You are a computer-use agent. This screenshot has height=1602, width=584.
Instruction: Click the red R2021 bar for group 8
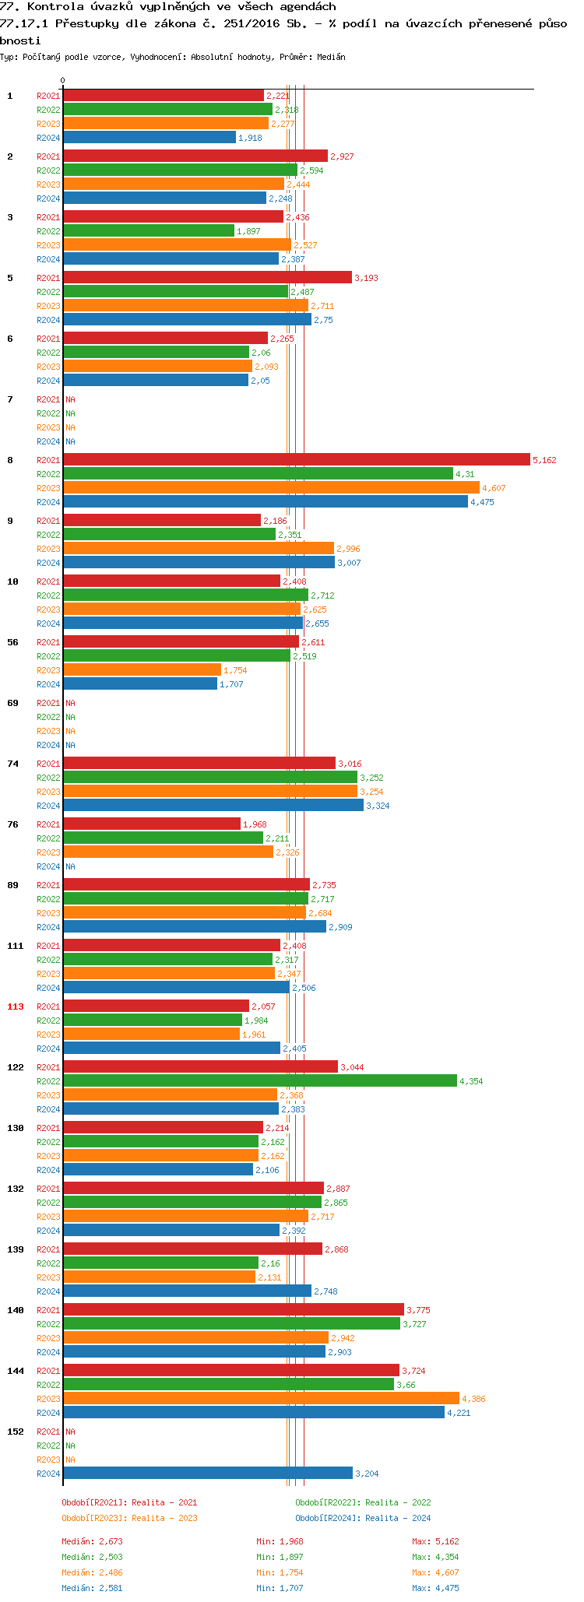(x=296, y=460)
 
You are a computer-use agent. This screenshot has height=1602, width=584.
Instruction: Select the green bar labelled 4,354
(x=259, y=1081)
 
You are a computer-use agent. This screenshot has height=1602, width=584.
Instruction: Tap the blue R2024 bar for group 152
(x=207, y=1474)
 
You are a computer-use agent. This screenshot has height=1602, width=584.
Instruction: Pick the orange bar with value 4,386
(x=261, y=1399)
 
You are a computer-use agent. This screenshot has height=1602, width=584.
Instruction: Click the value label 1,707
(x=231, y=685)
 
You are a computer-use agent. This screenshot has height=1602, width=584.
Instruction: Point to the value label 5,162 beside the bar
(x=544, y=461)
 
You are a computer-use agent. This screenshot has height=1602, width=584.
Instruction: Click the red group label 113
(x=16, y=1007)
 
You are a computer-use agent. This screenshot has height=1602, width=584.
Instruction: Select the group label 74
(x=13, y=764)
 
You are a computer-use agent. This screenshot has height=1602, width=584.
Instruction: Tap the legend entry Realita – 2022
(x=363, y=1503)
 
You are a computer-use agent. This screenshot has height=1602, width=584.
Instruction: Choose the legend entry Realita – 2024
(x=363, y=1519)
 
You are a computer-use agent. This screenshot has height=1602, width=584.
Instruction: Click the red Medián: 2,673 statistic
(x=92, y=1542)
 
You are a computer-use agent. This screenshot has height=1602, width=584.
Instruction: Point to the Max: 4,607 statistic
(x=435, y=1573)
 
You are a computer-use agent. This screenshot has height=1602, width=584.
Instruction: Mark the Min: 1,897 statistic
(x=280, y=1558)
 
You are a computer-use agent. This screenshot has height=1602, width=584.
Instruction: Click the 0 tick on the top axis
(x=62, y=80)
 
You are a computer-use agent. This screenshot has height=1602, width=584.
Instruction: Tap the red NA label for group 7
(x=70, y=400)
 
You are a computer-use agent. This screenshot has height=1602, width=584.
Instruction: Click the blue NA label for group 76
(x=70, y=867)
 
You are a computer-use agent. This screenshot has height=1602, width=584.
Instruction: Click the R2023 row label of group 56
(x=48, y=671)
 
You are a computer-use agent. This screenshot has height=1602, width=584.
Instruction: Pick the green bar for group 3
(x=148, y=231)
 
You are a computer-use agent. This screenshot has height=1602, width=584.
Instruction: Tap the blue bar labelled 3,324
(x=213, y=806)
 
